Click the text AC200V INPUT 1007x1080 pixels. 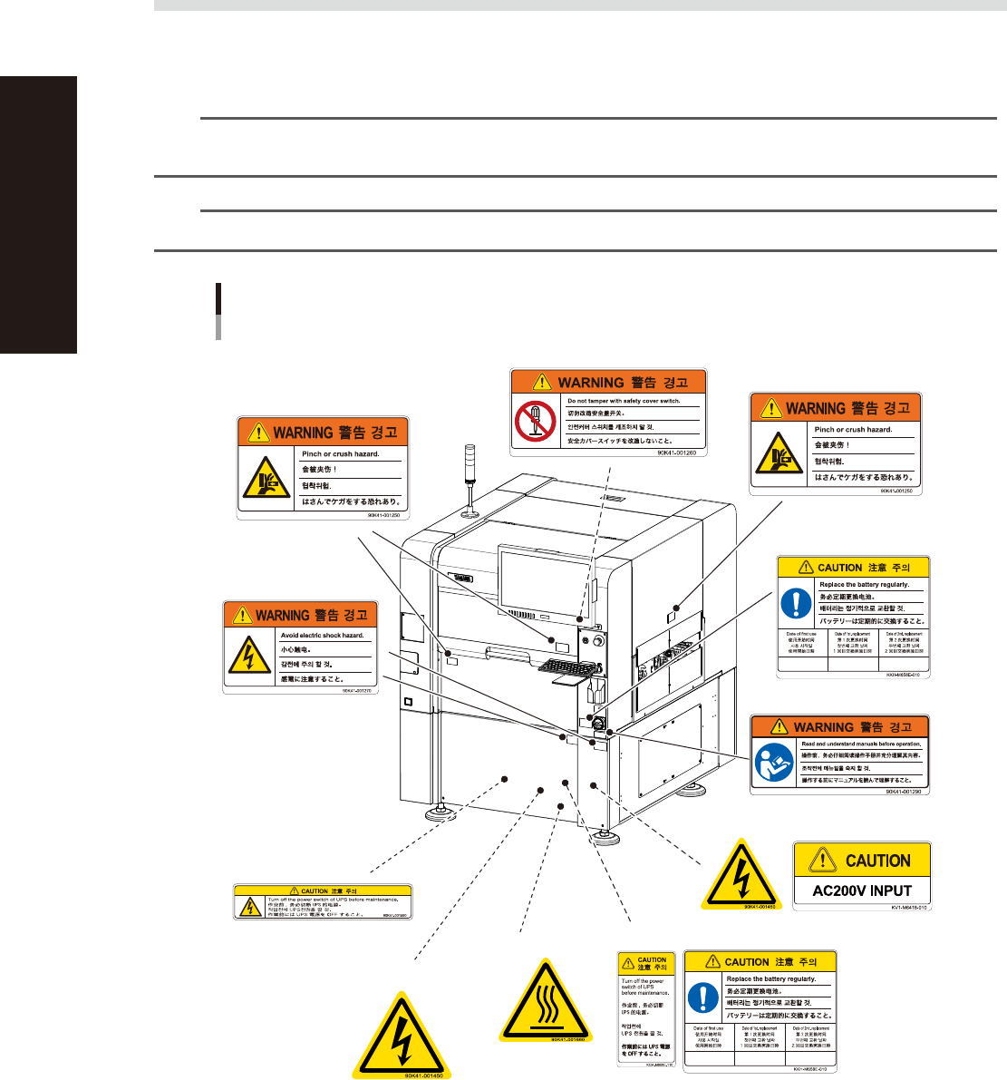click(862, 890)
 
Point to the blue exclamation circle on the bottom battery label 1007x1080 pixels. click(702, 997)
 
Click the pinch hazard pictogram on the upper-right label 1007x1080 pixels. click(776, 455)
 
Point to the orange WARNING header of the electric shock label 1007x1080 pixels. click(300, 615)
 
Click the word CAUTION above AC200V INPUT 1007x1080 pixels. click(876, 861)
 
